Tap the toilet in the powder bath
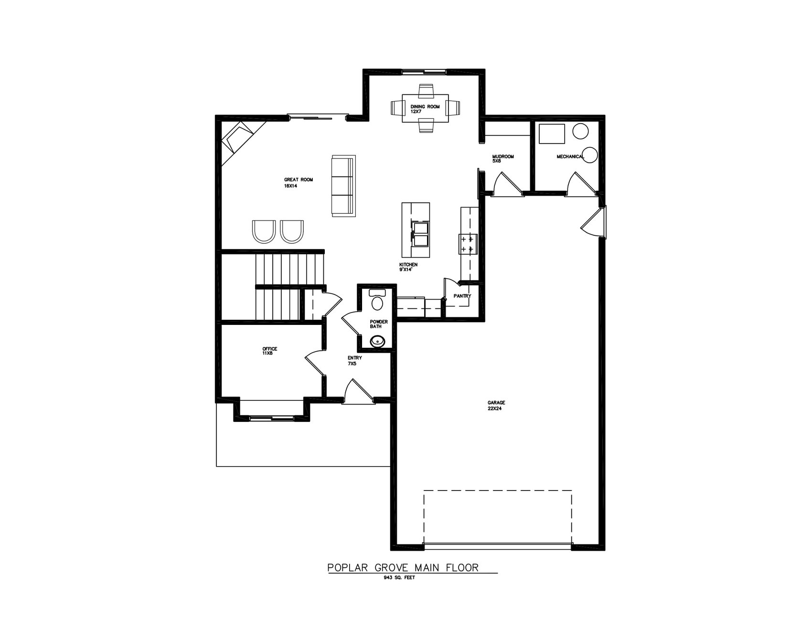tap(377, 301)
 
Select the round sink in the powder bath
tap(377, 341)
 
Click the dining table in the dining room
tap(425, 109)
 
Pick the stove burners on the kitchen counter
tap(466, 243)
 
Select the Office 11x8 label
tap(269, 351)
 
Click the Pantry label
tap(462, 296)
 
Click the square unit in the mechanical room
tap(552, 134)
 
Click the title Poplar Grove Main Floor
tap(403, 567)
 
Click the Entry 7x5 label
tap(354, 360)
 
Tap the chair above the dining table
tap(425, 90)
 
